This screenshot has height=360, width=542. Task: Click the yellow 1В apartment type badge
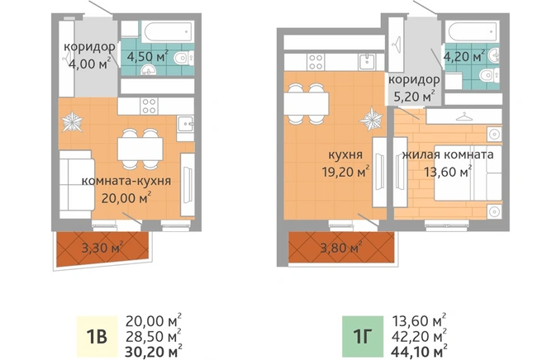[97, 336]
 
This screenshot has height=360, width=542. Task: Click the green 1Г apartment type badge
[363, 336]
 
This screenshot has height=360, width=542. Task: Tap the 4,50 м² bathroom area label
[148, 56]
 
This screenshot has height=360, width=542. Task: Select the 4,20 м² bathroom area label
[464, 56]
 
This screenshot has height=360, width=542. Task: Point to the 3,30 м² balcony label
[102, 248]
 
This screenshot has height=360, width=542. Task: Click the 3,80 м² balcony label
[341, 248]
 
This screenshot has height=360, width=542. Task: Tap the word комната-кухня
[126, 181]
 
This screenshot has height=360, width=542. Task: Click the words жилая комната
[448, 154]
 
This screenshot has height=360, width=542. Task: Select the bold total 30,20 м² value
[154, 352]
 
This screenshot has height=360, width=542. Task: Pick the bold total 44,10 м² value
[419, 352]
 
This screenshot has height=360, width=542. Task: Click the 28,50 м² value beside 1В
[154, 336]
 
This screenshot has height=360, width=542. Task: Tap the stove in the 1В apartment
[149, 106]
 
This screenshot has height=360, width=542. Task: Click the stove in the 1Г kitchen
[316, 62]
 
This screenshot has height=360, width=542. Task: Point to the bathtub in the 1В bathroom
[168, 31]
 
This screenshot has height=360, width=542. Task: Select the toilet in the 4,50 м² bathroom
[184, 58]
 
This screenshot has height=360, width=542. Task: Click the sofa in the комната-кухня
[76, 184]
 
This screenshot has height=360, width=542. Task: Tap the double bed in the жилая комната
[468, 173]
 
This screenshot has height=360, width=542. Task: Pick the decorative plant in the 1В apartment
[72, 121]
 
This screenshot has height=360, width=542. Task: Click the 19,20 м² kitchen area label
[345, 172]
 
